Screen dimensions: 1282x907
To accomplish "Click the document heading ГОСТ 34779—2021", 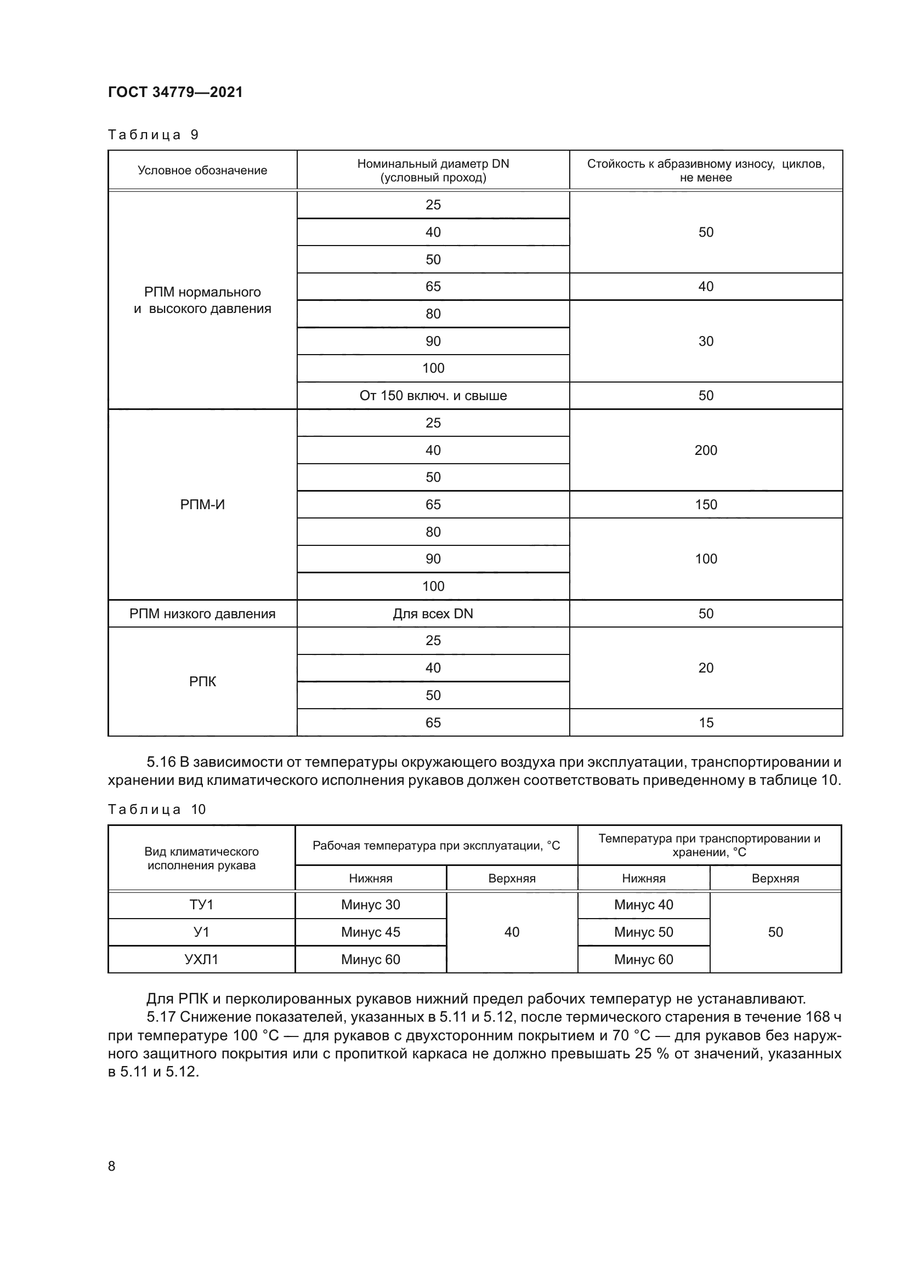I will point(175,92).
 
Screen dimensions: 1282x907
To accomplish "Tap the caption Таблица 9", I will point(153,135).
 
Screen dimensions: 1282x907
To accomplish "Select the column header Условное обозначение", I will point(202,170).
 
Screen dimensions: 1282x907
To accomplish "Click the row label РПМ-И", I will point(202,505).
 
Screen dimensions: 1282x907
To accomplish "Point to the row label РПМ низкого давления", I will point(202,614).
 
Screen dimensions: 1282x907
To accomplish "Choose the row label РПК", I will point(202,681).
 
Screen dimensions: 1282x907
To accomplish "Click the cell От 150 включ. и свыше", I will point(433,396).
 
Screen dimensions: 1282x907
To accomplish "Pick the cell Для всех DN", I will point(433,614).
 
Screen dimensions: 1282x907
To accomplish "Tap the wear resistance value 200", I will point(705,450).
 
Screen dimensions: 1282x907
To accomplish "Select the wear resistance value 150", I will point(705,505).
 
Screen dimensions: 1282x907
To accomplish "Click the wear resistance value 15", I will point(705,722).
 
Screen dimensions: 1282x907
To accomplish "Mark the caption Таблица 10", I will point(157,810).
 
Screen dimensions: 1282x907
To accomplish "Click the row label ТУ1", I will point(201,904).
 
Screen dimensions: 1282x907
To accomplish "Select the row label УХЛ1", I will point(201,959).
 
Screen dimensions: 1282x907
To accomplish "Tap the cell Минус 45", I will point(370,932).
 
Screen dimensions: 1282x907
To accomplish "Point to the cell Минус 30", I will point(370,904).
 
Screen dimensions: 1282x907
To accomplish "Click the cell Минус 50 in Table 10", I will point(643,932).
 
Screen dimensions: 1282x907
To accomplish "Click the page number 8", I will point(112,1166).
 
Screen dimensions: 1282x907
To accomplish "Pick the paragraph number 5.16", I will point(161,762).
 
